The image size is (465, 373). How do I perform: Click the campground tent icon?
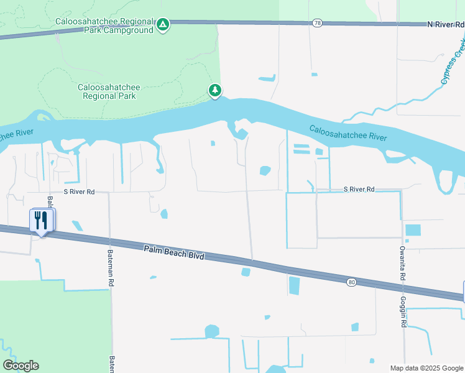pyautogui.click(x=162, y=25)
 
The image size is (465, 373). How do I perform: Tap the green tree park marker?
pyautogui.click(x=215, y=91)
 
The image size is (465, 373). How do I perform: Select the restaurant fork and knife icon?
pyautogui.click(x=41, y=220)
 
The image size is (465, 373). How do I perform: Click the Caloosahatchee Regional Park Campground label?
pyautogui.click(x=104, y=25)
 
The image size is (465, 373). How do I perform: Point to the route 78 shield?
pyautogui.click(x=318, y=23)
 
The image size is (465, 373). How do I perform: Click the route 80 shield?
pyautogui.click(x=352, y=282)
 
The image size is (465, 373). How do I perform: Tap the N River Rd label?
pyautogui.click(x=446, y=24)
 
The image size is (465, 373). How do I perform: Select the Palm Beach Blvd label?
pyautogui.click(x=173, y=252)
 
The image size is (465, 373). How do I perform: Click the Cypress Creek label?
pyautogui.click(x=453, y=62)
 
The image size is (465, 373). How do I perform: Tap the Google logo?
pyautogui.click(x=21, y=366)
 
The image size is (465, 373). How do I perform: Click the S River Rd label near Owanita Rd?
pyautogui.click(x=360, y=189)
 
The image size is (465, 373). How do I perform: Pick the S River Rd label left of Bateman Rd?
pyautogui.click(x=78, y=192)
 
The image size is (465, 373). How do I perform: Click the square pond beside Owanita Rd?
pyautogui.click(x=413, y=230)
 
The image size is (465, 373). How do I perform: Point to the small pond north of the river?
pyautogui.click(x=267, y=79)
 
